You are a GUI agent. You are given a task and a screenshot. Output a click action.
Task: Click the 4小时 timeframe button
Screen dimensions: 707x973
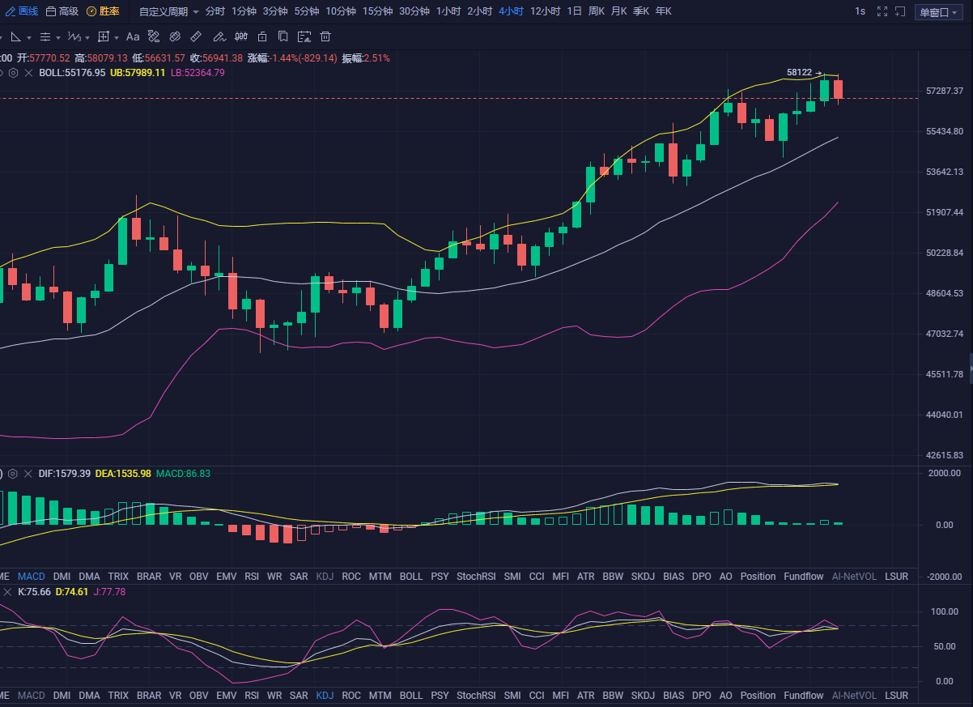(x=511, y=11)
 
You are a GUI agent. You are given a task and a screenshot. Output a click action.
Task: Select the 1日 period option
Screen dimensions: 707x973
(x=574, y=11)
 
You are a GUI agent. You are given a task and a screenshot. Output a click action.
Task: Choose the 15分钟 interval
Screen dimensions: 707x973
(x=378, y=11)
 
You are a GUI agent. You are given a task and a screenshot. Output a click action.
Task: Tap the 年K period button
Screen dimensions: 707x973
(x=663, y=11)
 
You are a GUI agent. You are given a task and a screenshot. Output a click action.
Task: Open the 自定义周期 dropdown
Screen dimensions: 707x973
(x=168, y=11)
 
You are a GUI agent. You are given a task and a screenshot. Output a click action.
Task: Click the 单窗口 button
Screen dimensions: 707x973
(x=938, y=12)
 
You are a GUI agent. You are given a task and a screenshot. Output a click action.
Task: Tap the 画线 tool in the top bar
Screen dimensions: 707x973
(x=22, y=11)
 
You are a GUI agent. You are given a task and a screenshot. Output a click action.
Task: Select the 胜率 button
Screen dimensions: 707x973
(x=103, y=11)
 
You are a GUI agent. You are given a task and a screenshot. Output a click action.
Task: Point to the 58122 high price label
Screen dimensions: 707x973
(x=799, y=72)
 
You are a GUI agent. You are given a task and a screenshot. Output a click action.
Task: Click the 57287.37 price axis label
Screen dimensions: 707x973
(x=945, y=91)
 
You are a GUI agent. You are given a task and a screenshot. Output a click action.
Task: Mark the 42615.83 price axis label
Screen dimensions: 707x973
(x=945, y=455)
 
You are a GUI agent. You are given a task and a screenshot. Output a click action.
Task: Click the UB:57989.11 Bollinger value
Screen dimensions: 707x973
(x=138, y=72)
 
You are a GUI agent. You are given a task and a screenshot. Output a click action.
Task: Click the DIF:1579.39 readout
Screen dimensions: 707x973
(x=65, y=473)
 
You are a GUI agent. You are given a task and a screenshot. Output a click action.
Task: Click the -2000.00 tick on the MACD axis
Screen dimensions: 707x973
(x=945, y=577)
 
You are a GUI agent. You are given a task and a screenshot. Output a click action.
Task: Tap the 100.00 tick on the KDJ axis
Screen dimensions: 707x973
(x=945, y=611)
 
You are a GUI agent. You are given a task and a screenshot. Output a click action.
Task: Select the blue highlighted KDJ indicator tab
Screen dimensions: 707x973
(x=325, y=696)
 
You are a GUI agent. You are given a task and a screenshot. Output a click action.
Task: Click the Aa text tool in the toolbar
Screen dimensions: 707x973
(x=133, y=37)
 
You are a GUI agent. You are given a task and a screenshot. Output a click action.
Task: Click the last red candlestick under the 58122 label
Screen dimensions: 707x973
(x=838, y=89)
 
